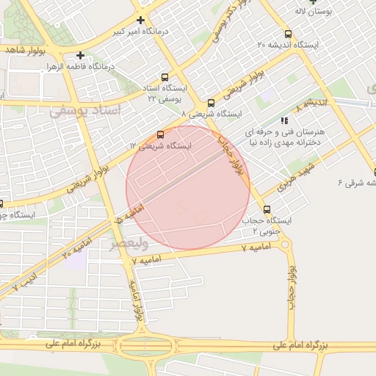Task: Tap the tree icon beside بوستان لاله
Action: tap(317, 1)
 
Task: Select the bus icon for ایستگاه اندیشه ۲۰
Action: tap(287, 34)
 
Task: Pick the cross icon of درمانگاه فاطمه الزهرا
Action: tap(80, 55)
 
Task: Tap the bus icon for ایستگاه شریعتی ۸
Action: tap(211, 103)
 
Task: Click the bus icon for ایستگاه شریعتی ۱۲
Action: tap(161, 134)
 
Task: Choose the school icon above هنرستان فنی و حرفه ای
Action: tap(284, 120)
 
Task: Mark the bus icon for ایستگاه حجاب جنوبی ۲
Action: tap(266, 209)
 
